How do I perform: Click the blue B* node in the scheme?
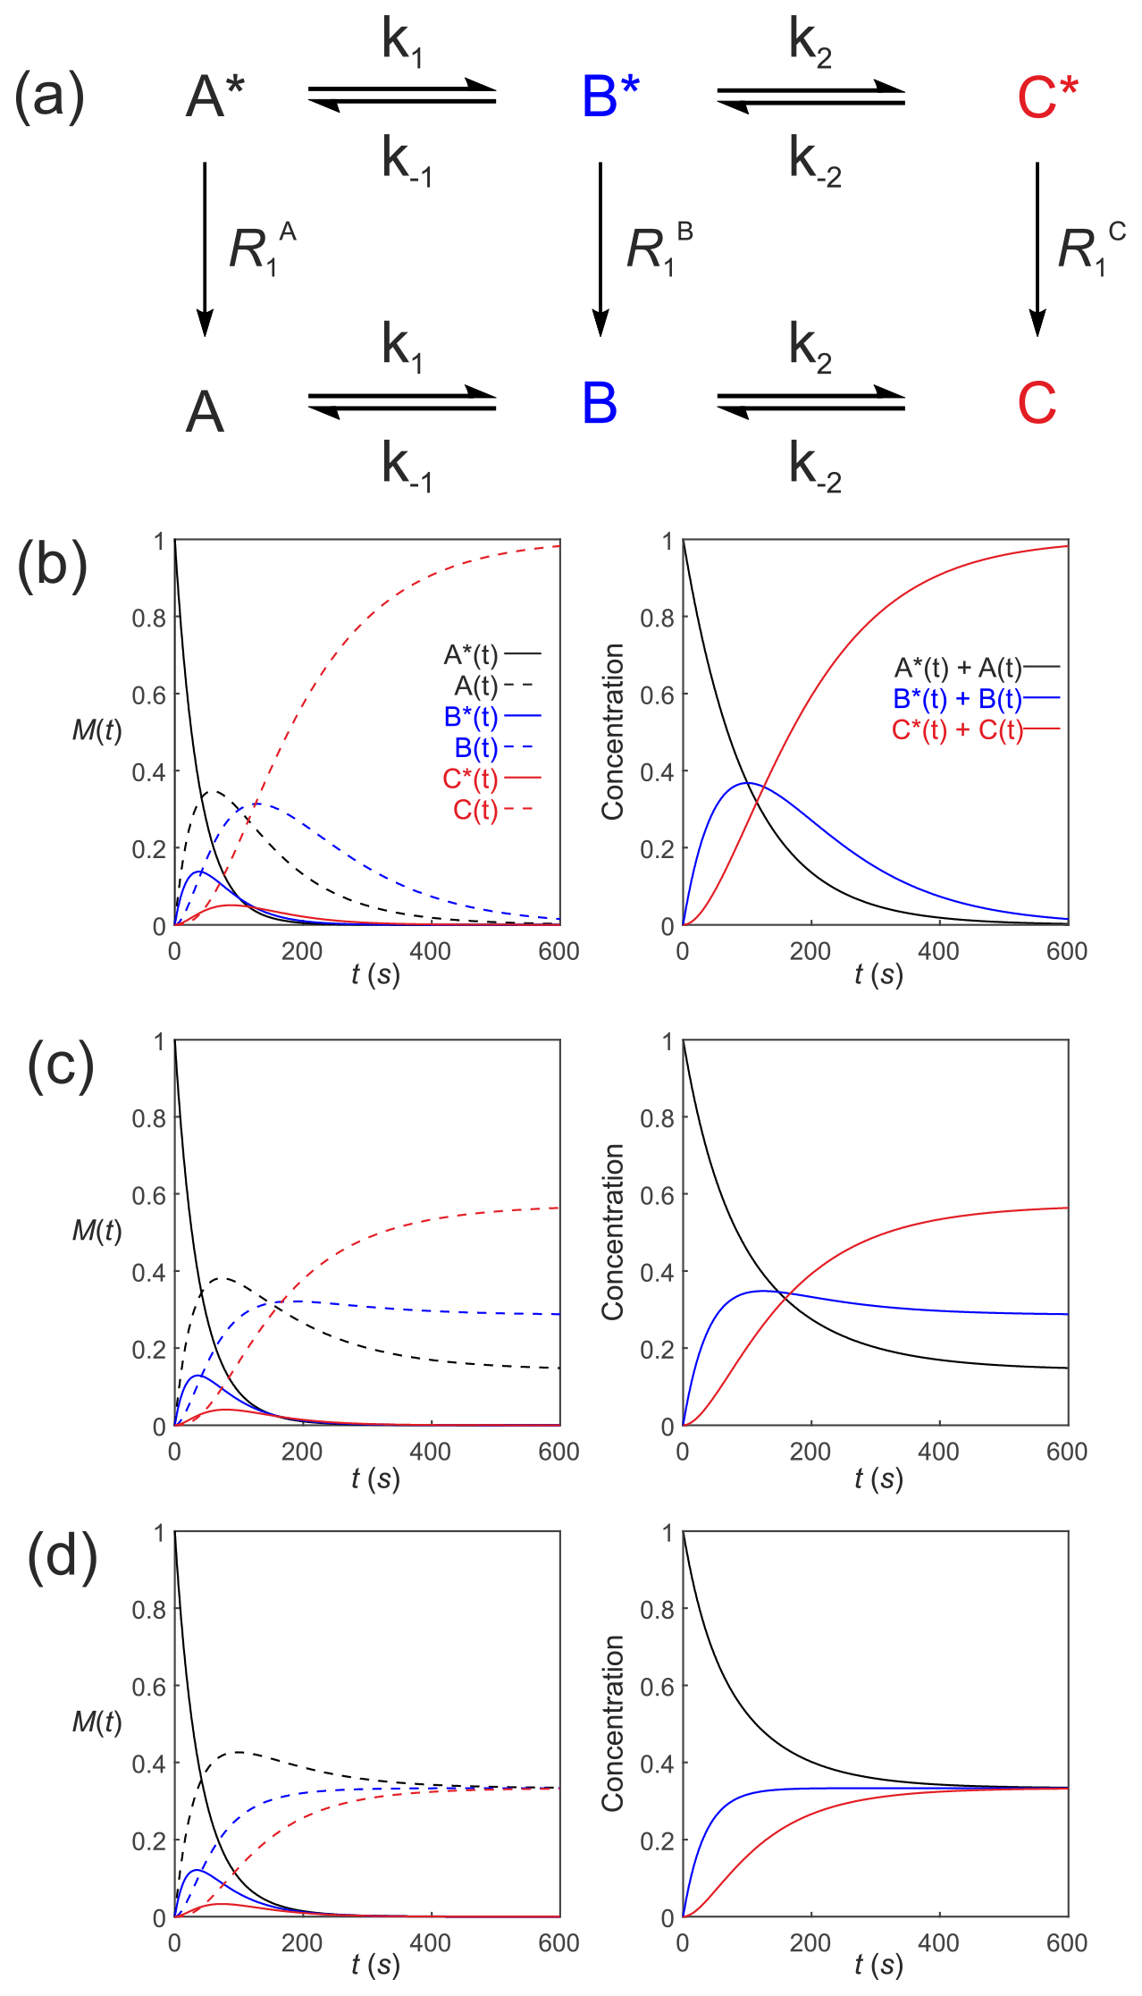click(x=610, y=97)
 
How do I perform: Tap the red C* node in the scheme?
click(x=1047, y=97)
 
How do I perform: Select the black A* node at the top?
click(x=215, y=97)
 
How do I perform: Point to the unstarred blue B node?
click(x=600, y=403)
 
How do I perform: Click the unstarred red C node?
click(x=1037, y=403)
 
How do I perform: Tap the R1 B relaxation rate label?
click(x=659, y=248)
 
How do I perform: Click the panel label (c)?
click(x=60, y=1066)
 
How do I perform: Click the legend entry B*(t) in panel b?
click(x=471, y=717)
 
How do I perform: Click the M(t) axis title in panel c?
click(x=97, y=1231)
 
